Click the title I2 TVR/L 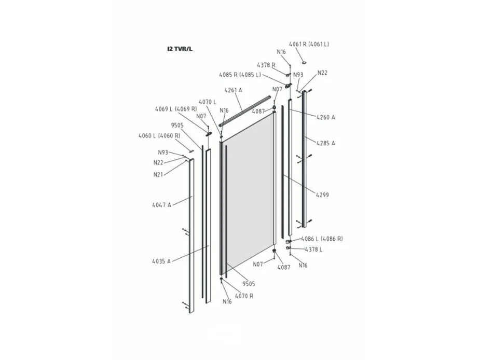click(x=180, y=49)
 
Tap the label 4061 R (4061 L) click(x=309, y=44)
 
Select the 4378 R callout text click(x=266, y=65)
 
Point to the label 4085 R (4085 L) click(x=240, y=75)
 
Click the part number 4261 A click(x=234, y=90)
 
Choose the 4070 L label click(x=207, y=102)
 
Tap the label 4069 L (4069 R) click(x=176, y=108)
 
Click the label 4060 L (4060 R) click(x=159, y=135)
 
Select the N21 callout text click(x=158, y=174)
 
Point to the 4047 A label click(x=161, y=205)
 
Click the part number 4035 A click(x=161, y=261)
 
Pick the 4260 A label click(x=326, y=117)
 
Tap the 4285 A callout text click(x=326, y=143)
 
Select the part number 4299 click(x=322, y=195)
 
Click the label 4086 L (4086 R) click(x=322, y=239)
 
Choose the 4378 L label click(x=313, y=250)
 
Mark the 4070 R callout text click(x=244, y=296)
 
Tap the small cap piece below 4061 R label click(x=304, y=62)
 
